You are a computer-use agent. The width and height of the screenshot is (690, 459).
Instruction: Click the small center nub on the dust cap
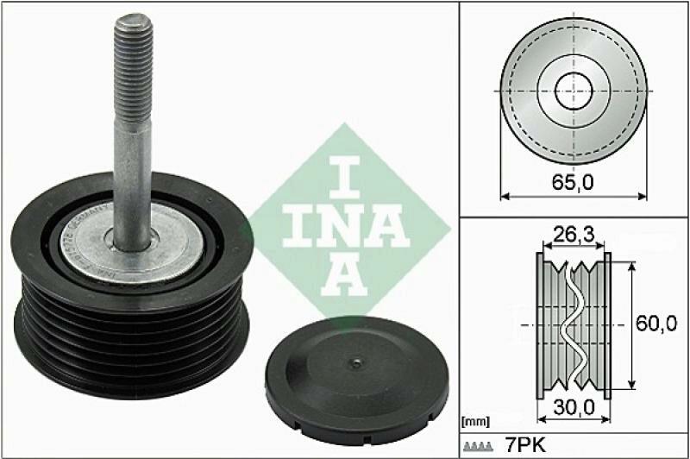[x=353, y=362]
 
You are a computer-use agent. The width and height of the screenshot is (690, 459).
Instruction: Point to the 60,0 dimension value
[x=660, y=324]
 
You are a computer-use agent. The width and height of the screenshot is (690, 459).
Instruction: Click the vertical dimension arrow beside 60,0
[x=635, y=324]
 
